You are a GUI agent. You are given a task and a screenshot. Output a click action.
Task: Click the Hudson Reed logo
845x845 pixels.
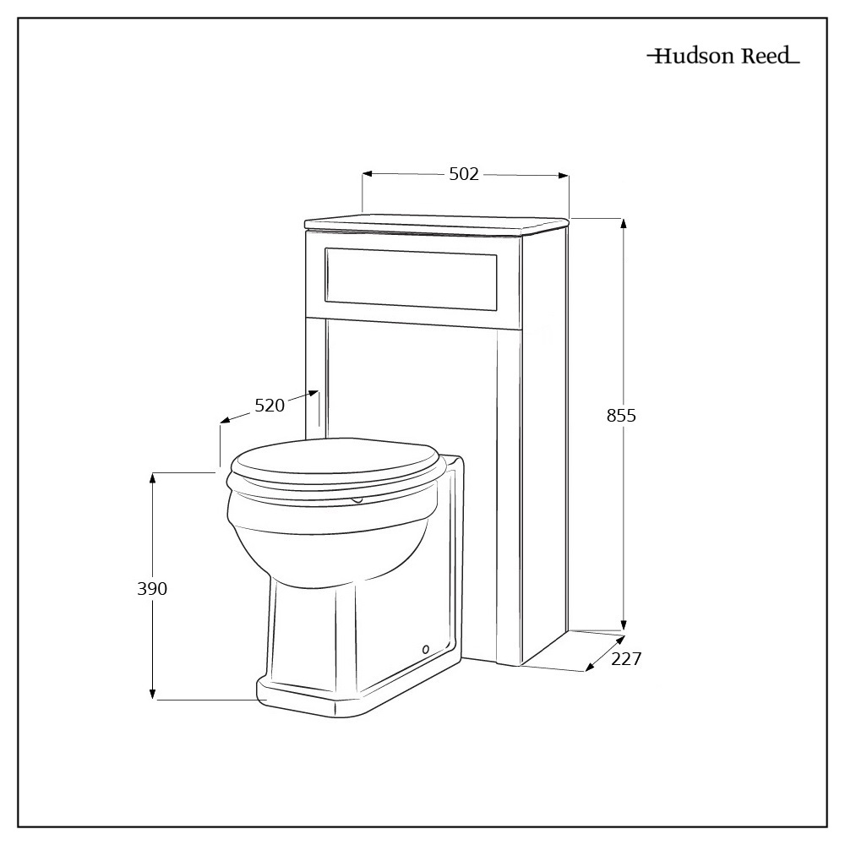click(x=723, y=57)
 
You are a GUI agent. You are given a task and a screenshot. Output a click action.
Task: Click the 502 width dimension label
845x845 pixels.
click(x=464, y=174)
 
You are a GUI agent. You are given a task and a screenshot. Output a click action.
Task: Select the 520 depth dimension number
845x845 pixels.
click(x=270, y=406)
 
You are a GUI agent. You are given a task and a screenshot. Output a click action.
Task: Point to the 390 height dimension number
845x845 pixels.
click(x=152, y=589)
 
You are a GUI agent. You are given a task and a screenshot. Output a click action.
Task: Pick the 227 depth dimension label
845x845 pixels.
click(x=626, y=659)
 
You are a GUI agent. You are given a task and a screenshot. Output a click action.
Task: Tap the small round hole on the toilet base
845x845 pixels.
click(x=425, y=649)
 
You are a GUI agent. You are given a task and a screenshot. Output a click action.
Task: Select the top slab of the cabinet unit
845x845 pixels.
click(x=438, y=222)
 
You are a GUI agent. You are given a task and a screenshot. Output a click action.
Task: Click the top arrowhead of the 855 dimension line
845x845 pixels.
click(x=624, y=223)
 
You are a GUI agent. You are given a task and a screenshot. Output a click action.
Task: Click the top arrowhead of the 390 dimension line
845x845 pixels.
click(x=153, y=477)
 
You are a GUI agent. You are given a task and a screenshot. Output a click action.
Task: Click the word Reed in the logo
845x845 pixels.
click(x=766, y=57)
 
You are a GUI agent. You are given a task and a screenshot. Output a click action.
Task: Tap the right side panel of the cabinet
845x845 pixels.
click(x=545, y=439)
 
